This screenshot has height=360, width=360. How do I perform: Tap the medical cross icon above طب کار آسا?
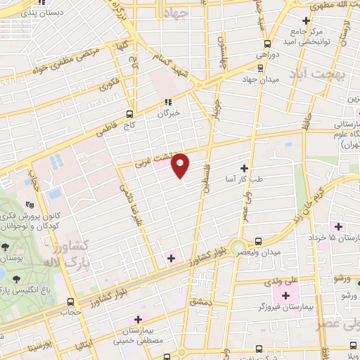[244, 167]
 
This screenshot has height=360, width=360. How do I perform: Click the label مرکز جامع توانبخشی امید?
[305, 36]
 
